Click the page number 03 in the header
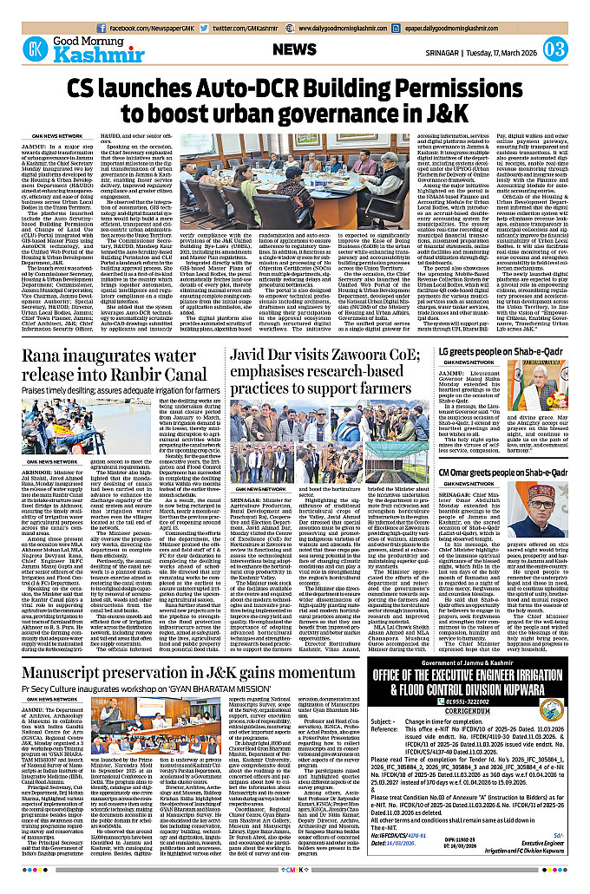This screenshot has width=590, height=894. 556,49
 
